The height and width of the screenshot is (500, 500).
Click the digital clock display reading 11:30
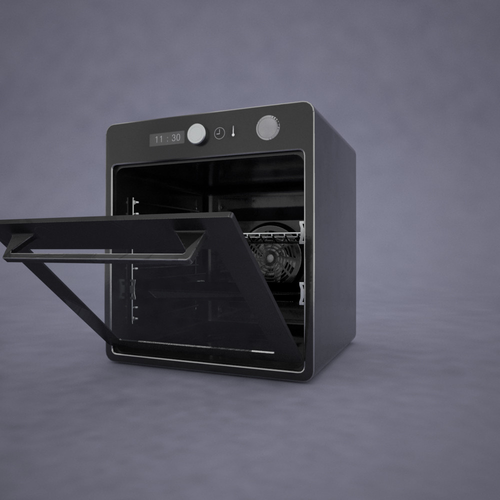coord(167,138)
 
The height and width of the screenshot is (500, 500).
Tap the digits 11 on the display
coord(159,139)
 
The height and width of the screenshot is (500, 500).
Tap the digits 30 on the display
coord(175,138)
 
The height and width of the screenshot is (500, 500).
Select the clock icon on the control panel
coord(219,133)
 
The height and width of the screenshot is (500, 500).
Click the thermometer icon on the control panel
coord(233,131)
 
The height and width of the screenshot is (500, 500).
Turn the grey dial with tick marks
coord(268,127)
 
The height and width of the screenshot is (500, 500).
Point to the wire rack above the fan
coord(272,236)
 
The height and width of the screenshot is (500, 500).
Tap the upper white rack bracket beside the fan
coord(301,232)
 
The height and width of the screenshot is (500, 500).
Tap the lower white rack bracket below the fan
coord(301,293)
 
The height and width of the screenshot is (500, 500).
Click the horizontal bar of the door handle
coord(100,257)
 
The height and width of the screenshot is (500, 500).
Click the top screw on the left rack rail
coord(134,202)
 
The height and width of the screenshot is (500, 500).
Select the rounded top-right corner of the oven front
coord(308,106)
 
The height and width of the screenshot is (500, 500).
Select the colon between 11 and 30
coord(167,138)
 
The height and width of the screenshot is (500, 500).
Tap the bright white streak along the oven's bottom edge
coord(263,352)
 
